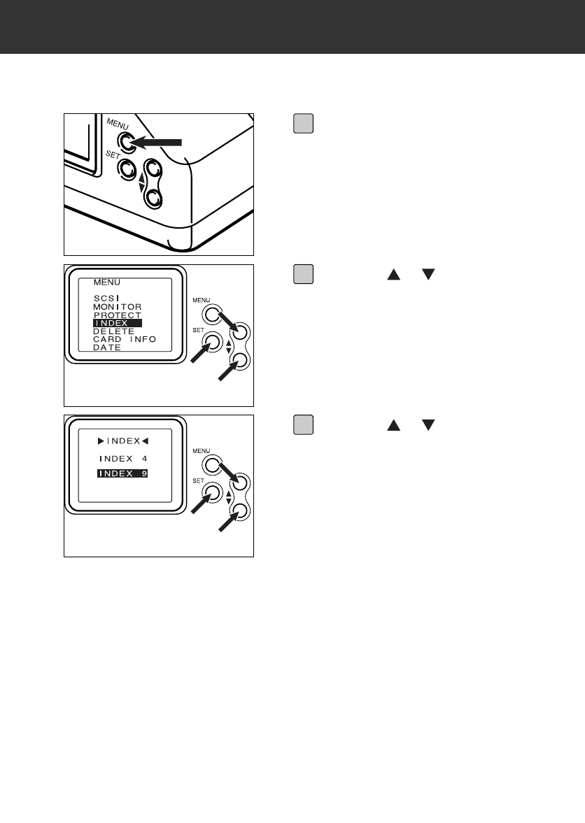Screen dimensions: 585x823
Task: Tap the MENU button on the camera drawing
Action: click(x=126, y=143)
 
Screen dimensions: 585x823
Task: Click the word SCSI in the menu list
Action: click(x=106, y=298)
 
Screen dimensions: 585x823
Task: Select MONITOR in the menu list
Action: click(x=118, y=307)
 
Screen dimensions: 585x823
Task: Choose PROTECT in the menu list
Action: click(x=118, y=315)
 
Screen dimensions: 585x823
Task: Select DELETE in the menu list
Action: click(x=114, y=331)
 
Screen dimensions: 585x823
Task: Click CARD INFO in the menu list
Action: click(x=125, y=340)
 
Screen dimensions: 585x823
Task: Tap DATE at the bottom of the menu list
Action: click(x=107, y=348)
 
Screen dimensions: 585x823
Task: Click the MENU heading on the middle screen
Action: click(x=107, y=282)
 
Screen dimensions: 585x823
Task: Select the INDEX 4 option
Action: click(x=123, y=459)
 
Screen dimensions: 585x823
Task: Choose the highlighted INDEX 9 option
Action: click(x=123, y=474)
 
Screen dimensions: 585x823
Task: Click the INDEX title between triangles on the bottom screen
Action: click(x=123, y=441)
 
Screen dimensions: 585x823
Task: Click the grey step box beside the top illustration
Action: click(x=302, y=124)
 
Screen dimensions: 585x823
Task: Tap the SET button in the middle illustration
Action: click(x=213, y=344)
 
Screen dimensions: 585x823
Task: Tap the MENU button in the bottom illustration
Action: click(x=213, y=465)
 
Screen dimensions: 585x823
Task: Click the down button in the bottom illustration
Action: click(x=242, y=511)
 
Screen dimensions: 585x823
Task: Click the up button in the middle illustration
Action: click(x=242, y=331)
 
